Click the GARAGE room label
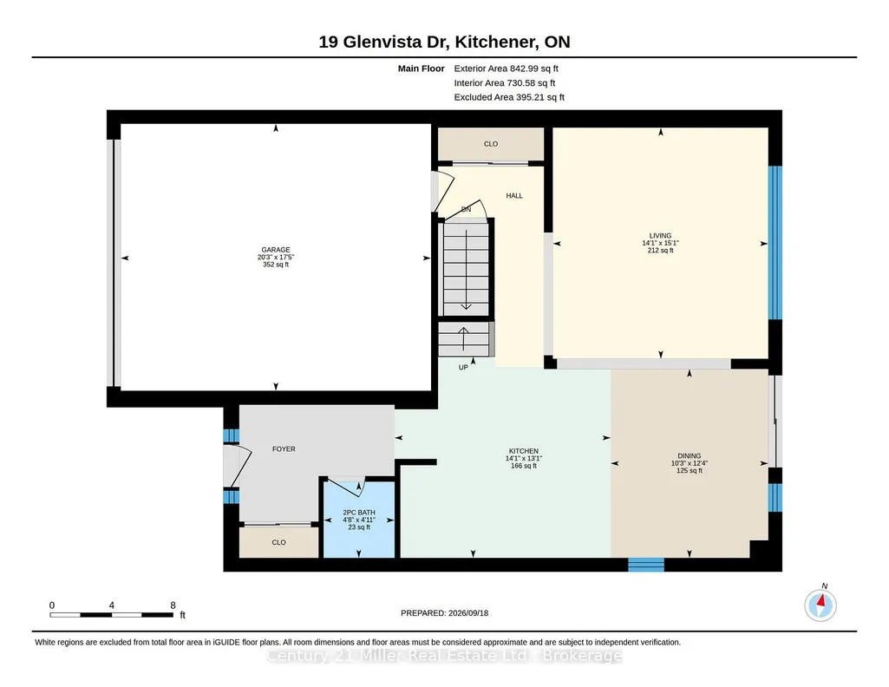pyautogui.click(x=276, y=250)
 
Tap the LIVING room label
pyautogui.click(x=661, y=236)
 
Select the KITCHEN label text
pyautogui.click(x=523, y=451)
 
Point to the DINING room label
pyautogui.click(x=690, y=455)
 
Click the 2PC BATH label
pyautogui.click(x=359, y=513)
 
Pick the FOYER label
pyautogui.click(x=284, y=449)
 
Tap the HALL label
pyautogui.click(x=514, y=195)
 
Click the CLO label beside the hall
pyautogui.click(x=491, y=144)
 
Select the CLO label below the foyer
pyautogui.click(x=279, y=542)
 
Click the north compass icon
pyautogui.click(x=820, y=605)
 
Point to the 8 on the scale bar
pyautogui.click(x=173, y=605)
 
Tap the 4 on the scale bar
pyautogui.click(x=112, y=605)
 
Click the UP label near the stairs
pyautogui.click(x=463, y=367)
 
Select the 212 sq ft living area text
pyautogui.click(x=661, y=250)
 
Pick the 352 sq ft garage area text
pyautogui.click(x=276, y=265)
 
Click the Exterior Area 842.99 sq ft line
pyautogui.click(x=507, y=69)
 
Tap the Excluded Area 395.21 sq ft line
pyautogui.click(x=509, y=97)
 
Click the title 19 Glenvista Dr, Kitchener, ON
pyautogui.click(x=444, y=42)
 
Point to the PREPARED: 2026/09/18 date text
pyautogui.click(x=444, y=612)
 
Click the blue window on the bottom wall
pyautogui.click(x=646, y=565)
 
